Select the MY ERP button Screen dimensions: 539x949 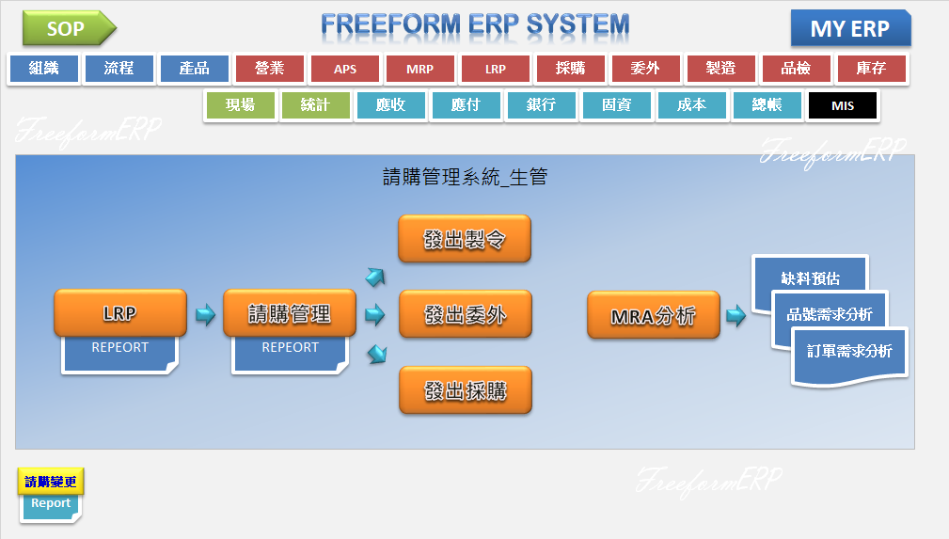[850, 28]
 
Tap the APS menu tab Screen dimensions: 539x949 [345, 69]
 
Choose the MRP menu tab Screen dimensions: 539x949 [420, 69]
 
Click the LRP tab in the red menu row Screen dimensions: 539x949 [496, 69]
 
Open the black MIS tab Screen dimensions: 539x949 [843, 105]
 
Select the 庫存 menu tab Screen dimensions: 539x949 [872, 69]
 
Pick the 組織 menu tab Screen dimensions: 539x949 [44, 69]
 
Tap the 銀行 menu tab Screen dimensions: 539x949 [541, 105]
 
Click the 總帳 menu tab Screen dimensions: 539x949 [767, 105]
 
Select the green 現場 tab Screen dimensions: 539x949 [240, 105]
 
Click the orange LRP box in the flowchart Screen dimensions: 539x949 [120, 313]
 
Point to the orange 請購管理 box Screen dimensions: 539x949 [290, 313]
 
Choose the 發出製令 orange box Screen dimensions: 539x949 [465, 239]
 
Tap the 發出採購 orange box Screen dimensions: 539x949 [465, 389]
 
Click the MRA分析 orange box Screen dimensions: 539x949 [654, 315]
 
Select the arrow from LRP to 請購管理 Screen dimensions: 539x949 [205, 314]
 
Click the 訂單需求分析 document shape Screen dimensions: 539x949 [849, 352]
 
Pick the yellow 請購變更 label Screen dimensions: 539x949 [51, 482]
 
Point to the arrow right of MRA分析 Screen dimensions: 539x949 [735, 315]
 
